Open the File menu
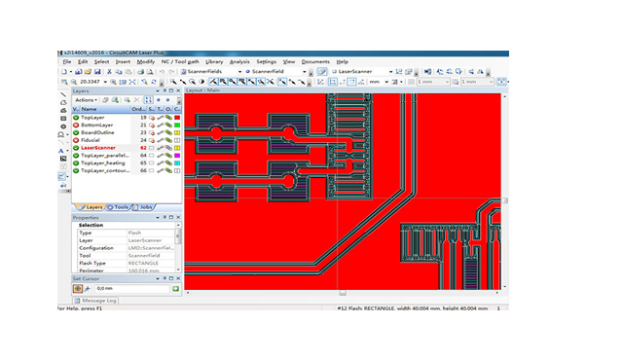click(x=66, y=61)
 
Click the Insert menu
click(x=123, y=61)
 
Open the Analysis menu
click(x=239, y=61)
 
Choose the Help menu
click(x=342, y=61)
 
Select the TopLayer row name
click(x=92, y=118)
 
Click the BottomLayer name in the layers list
click(x=96, y=126)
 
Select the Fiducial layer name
click(x=91, y=140)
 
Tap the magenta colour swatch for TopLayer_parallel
click(x=175, y=156)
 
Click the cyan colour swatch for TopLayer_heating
click(x=175, y=162)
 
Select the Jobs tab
click(x=145, y=206)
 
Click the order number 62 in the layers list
click(x=143, y=148)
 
